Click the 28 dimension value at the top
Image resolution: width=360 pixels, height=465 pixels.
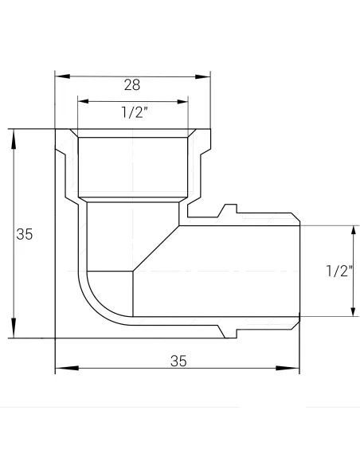(x=132, y=85)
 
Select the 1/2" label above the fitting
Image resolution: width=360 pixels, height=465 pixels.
(x=135, y=112)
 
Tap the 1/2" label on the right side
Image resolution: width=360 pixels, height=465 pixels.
(x=339, y=271)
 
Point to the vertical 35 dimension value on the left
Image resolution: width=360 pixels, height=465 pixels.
(x=25, y=234)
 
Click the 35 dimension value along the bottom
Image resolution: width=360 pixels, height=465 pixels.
(x=178, y=361)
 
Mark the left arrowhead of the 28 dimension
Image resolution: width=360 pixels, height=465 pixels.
(x=63, y=76)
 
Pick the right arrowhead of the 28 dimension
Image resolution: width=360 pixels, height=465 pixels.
(x=203, y=76)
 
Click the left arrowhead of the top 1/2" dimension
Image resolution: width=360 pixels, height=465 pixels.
(x=84, y=101)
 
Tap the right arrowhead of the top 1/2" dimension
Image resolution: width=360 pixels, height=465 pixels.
(x=182, y=102)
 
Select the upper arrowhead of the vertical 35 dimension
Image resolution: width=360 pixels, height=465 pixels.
(x=14, y=139)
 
